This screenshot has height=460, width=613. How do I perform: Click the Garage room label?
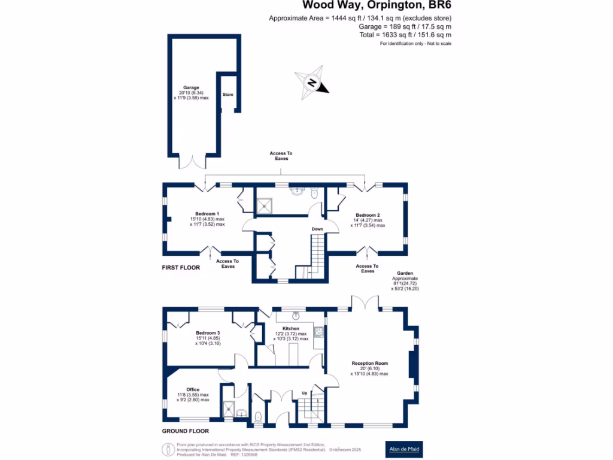191,87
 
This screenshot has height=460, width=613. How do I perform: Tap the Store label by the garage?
227,95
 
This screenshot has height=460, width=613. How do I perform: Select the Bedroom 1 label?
207,214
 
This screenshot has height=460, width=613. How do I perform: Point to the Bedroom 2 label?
368,215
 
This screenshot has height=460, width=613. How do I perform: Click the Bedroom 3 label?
208,333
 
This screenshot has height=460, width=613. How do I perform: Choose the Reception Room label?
369,364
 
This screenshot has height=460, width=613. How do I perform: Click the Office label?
193,389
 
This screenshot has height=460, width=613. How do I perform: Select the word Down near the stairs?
317,229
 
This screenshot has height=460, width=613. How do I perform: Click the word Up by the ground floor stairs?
304,394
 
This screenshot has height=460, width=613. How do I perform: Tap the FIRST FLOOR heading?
181,268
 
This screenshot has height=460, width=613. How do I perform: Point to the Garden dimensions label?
405,279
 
